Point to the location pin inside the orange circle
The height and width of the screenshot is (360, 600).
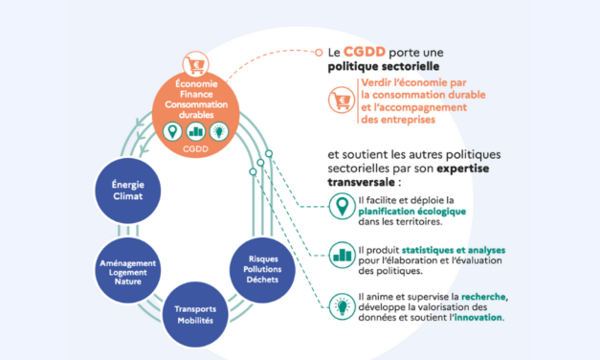coord(173,130)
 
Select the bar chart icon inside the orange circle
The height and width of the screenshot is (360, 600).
coord(195,130)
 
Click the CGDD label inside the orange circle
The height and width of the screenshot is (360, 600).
coord(195,149)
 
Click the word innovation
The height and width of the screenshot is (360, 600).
coord(474,318)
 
